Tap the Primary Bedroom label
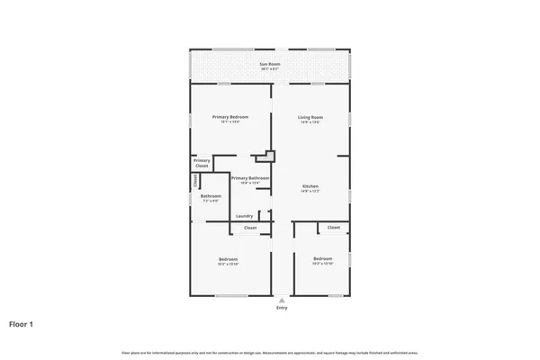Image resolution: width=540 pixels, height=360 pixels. (229, 117)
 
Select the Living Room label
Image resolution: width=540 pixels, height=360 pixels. (310, 117)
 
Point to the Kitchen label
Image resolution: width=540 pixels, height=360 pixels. (310, 186)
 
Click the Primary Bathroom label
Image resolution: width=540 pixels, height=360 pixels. (250, 178)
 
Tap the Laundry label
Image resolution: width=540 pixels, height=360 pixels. (244, 216)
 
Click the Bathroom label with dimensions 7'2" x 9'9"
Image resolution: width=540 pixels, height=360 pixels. (211, 196)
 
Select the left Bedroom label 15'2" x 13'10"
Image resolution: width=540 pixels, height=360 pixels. (228, 258)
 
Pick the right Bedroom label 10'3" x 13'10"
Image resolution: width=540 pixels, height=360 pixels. (323, 258)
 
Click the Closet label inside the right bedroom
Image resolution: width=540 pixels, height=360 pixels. (334, 228)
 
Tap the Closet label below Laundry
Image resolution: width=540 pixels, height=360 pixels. (250, 228)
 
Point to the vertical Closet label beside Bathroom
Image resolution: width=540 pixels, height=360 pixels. (195, 181)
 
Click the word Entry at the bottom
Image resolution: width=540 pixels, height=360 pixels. (282, 308)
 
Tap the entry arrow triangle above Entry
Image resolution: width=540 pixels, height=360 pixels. (282, 301)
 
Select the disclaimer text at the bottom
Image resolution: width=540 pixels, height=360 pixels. (269, 352)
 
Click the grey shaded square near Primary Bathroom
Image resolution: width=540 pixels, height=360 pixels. (265, 157)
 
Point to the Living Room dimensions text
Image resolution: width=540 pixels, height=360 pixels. (310, 122)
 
